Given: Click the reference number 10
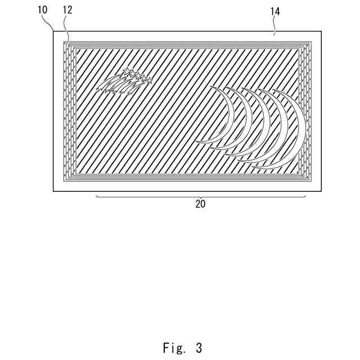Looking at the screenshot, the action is tap(42, 10).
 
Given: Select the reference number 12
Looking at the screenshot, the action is tap(67, 10).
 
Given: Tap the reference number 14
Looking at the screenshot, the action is tap(275, 10).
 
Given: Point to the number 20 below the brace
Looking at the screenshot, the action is tap(200, 204).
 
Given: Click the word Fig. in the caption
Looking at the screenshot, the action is tap(174, 347).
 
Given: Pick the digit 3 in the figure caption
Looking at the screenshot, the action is tap(199, 347).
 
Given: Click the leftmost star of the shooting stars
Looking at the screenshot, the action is tap(126, 71).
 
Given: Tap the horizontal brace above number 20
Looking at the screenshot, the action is tap(200, 197).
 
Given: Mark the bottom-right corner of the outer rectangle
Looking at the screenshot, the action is tap(322, 191).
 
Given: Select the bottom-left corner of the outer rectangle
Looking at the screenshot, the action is tap(53, 191).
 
